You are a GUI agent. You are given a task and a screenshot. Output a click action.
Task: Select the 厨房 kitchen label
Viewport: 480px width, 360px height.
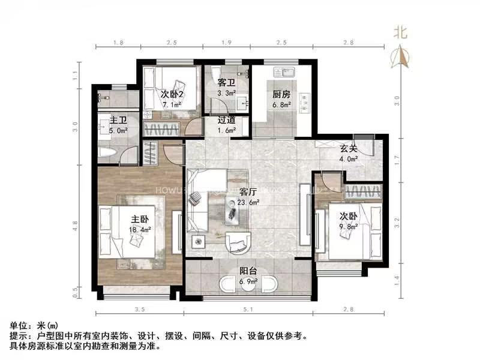(x=281, y=94)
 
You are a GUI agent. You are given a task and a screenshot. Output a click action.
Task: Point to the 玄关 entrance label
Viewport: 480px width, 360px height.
(x=349, y=149)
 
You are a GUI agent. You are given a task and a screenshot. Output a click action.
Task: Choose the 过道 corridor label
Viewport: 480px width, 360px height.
(x=226, y=121)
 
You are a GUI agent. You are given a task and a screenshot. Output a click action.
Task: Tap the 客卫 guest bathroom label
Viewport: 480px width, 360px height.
(x=226, y=83)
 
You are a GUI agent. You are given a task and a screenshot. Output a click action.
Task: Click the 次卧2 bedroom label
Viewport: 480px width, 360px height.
(x=172, y=94)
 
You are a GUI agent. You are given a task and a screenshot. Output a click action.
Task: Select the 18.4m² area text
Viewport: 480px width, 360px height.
(x=139, y=229)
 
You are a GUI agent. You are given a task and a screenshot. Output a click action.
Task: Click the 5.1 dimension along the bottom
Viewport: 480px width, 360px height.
(x=248, y=310)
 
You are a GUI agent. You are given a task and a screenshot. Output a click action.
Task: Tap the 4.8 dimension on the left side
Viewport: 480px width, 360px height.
(x=75, y=226)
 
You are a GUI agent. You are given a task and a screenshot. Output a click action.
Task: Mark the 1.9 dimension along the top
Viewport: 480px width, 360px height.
(x=227, y=42)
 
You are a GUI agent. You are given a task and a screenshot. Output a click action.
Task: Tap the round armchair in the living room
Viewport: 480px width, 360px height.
(x=239, y=243)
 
